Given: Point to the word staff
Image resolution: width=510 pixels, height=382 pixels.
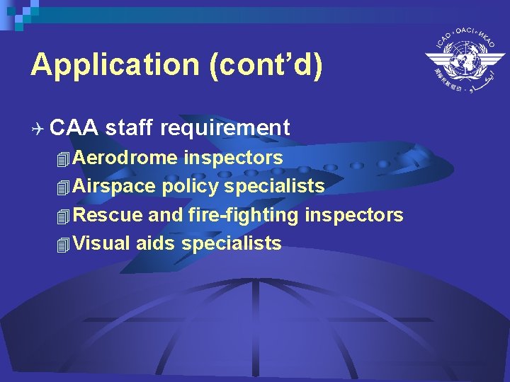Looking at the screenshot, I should pos(132,128).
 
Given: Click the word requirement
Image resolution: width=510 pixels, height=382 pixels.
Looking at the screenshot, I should pos(225,128).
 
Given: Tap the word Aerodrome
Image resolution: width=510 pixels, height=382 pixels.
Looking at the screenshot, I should pos(125,158).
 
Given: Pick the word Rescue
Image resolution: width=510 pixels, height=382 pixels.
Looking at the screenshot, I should pos(108,215).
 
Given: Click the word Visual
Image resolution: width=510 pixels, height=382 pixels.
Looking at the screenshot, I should pos(102,244).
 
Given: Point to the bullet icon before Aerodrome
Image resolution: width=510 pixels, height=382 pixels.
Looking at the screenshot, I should pos(64,158).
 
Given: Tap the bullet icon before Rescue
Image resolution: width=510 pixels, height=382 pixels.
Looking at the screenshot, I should pos(64,216).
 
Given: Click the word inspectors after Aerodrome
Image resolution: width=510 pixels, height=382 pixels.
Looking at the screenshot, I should pos(233,158).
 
